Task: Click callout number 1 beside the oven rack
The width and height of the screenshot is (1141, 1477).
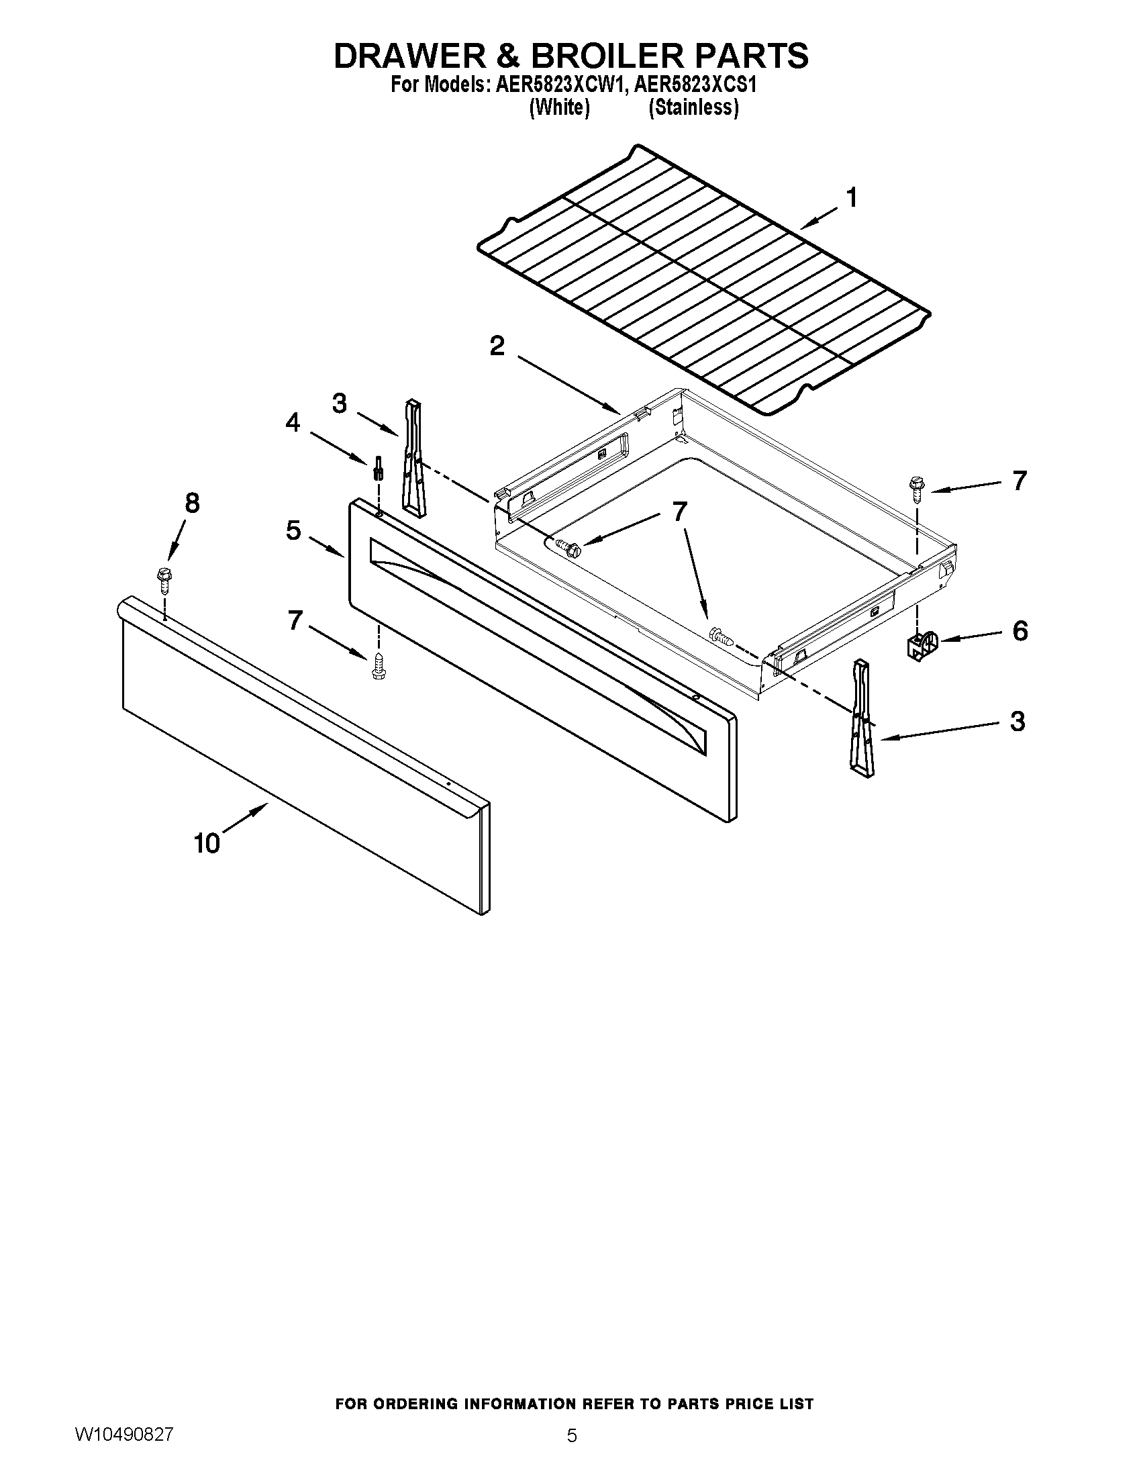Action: coord(852,198)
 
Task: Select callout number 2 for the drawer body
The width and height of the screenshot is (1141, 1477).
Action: coord(497,346)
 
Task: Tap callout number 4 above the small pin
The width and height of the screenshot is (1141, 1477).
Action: coord(292,423)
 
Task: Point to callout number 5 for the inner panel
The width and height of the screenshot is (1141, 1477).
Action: coord(293,530)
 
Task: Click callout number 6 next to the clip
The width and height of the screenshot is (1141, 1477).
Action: coord(1020,631)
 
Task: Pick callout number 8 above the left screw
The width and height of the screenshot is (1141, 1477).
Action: coord(193,503)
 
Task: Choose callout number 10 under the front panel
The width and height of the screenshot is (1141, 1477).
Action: coord(207,843)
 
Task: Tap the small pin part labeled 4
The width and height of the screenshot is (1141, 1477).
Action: coord(379,467)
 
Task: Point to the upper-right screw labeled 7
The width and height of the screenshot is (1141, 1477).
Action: coord(917,489)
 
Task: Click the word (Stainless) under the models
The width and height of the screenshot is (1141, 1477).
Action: coord(693,107)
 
